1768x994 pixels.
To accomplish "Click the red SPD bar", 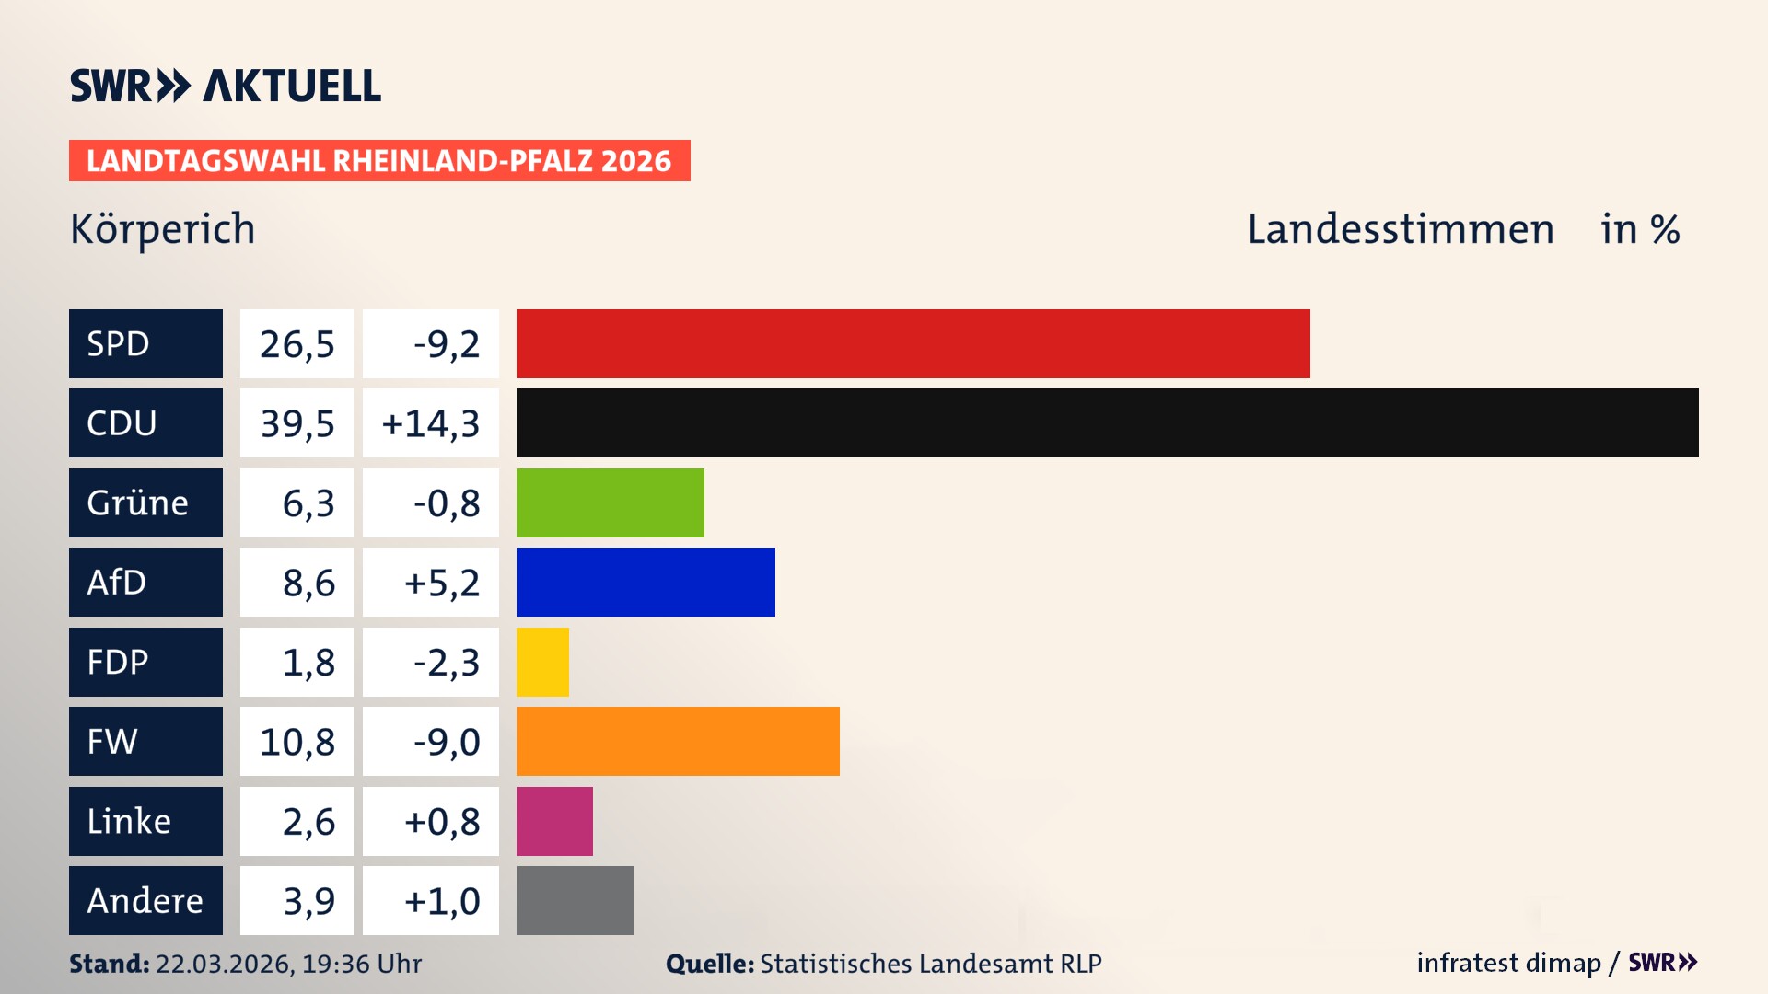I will click(913, 343).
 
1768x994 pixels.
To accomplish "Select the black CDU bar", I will click(1107, 422).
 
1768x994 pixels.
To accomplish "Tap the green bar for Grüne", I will click(610, 503).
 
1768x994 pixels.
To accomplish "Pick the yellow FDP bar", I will click(542, 662).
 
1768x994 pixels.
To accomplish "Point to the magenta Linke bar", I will click(554, 821).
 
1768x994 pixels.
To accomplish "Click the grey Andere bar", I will click(575, 900).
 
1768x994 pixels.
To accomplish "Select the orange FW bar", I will click(678, 741).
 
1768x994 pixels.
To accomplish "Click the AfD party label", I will click(145, 582).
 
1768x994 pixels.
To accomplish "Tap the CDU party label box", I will click(145, 422).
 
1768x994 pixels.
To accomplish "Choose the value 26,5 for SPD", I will click(297, 343).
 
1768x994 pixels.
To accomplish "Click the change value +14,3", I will click(430, 422).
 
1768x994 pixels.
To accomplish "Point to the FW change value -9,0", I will click(447, 741).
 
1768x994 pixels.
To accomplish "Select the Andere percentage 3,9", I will click(308, 900).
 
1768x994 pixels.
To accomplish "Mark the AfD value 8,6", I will click(308, 582).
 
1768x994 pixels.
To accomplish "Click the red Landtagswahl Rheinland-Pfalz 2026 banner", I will click(378, 160).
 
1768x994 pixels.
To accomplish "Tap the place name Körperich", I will click(163, 229).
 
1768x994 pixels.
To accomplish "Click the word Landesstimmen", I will click(1400, 229).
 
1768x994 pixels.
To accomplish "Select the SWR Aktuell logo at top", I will click(225, 86).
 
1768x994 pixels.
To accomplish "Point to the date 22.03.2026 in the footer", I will click(224, 964).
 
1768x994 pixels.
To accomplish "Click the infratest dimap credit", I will click(1508, 963).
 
